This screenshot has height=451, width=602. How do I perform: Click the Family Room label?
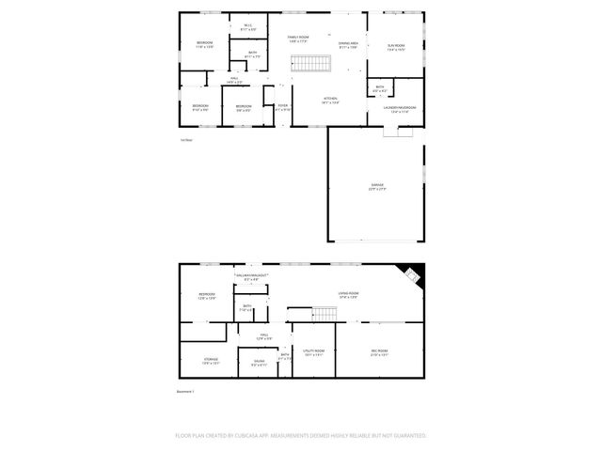(298, 37)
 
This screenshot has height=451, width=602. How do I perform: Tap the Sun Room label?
(396, 46)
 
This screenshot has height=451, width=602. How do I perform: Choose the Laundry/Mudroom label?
(398, 108)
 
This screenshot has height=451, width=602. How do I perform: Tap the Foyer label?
(283, 106)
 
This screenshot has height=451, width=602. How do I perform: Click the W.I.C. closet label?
(248, 26)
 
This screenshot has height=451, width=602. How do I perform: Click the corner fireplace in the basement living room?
(412, 273)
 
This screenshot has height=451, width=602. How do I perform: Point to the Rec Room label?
(379, 352)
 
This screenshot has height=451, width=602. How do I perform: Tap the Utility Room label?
(314, 352)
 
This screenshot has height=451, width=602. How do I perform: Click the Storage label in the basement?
(211, 361)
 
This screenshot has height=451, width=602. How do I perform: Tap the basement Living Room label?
(349, 295)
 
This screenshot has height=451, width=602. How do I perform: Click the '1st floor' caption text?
(186, 140)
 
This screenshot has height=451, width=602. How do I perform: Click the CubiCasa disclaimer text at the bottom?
(301, 436)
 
